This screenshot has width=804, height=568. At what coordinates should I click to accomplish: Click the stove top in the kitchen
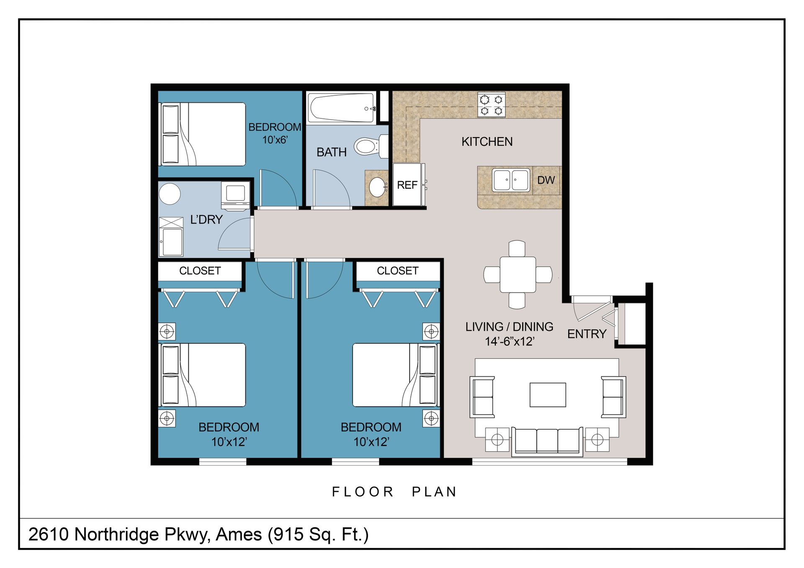pos(492,105)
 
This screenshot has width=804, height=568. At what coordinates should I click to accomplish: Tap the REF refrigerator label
pos(407,185)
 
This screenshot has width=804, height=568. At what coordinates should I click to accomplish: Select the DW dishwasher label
pos(546,180)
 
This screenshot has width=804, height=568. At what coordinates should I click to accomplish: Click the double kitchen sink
pos(511,180)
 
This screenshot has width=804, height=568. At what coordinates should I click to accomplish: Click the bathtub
pos(341,108)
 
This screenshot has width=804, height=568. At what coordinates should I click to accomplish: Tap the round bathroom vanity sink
pos(378,187)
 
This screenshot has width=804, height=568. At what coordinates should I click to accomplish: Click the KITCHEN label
pos(487,142)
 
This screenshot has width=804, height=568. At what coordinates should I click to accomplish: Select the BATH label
pos(331,152)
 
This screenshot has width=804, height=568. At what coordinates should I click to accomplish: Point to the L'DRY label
pos(206,220)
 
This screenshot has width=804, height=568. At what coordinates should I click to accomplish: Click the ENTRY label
pos(587,334)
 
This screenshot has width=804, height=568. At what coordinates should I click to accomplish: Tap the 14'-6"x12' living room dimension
pos(509,342)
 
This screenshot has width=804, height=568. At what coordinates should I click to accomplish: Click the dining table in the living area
pos(518,275)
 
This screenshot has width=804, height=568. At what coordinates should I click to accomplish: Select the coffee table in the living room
pos(548,395)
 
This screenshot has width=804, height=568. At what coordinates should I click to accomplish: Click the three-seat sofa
pos(547,442)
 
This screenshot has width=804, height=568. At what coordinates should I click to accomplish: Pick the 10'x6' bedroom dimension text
pos(275,140)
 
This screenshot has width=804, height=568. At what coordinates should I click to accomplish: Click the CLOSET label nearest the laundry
pos(200,271)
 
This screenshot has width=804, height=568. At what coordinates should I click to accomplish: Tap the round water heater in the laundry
pos(170,194)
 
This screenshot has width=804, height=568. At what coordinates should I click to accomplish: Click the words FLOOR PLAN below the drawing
pos(394,492)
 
